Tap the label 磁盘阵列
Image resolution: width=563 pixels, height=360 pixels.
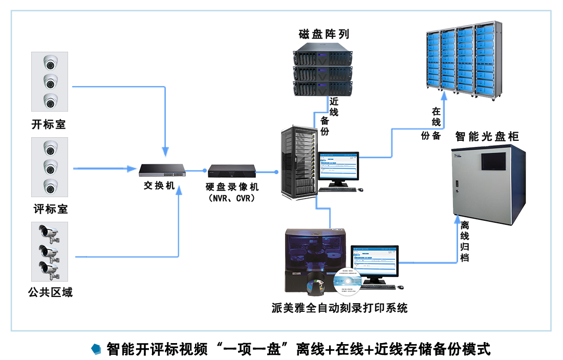click(324, 34)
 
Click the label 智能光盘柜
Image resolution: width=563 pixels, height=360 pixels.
click(487, 136)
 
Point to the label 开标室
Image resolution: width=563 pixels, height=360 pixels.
click(49, 124)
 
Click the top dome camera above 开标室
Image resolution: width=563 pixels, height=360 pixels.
click(50, 62)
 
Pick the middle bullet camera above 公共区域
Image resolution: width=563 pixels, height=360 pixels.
click(49, 251)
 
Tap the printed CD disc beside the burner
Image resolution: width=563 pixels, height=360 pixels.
click(348, 282)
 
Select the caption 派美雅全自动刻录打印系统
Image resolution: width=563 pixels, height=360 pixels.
click(340, 308)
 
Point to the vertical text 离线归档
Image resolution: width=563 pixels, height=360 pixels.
click(464, 241)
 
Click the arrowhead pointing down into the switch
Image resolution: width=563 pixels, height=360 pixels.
click(165, 152)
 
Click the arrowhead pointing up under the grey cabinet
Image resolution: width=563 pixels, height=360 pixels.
click(457, 220)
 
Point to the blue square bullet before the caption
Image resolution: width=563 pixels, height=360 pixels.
click(95, 349)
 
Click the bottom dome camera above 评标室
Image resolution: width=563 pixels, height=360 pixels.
click(50, 186)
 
